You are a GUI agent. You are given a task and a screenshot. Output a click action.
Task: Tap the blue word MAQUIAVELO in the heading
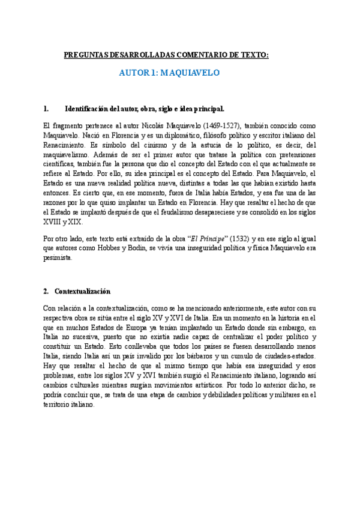[x=192, y=73]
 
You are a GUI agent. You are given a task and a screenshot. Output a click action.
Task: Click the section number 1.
[x=46, y=109]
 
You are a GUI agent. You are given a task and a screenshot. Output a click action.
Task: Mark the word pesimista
[x=58, y=259]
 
